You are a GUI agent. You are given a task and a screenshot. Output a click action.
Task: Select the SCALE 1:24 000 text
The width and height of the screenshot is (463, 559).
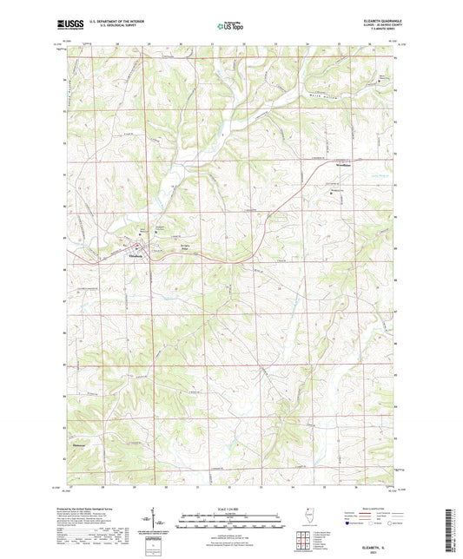(x=230, y=509)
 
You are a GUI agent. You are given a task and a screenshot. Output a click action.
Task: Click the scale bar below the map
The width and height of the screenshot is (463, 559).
(x=230, y=523)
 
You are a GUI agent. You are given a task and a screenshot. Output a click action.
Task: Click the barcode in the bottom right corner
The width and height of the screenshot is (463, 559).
(x=451, y=529)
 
